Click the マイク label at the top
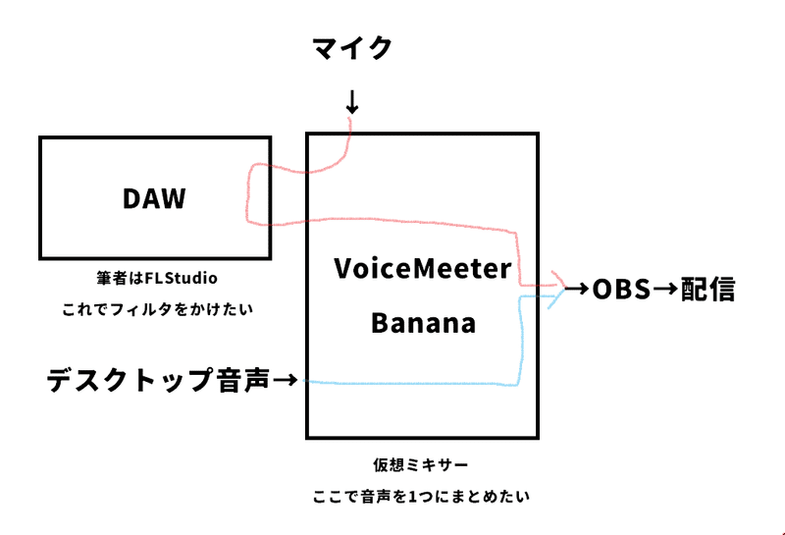pyautogui.click(x=352, y=48)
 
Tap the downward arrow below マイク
pyautogui.click(x=352, y=102)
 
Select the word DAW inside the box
pyautogui.click(x=154, y=198)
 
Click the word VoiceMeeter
pyautogui.click(x=423, y=269)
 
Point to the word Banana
pyautogui.click(x=423, y=323)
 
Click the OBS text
pyautogui.click(x=621, y=290)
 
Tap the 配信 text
pyautogui.click(x=707, y=290)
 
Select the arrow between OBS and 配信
pyautogui.click(x=666, y=290)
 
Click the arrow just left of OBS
pyautogui.click(x=577, y=289)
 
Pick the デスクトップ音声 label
pyautogui.click(x=159, y=380)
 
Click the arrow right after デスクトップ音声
pyautogui.click(x=286, y=380)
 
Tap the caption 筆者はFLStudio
pyautogui.click(x=157, y=278)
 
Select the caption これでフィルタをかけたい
pyautogui.click(x=157, y=309)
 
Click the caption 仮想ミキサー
pyautogui.click(x=421, y=465)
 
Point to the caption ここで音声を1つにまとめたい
pyautogui.click(x=421, y=497)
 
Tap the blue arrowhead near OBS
pyautogui.click(x=557, y=299)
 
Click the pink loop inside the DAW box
pyautogui.click(x=247, y=195)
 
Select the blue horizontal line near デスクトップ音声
pyautogui.click(x=410, y=384)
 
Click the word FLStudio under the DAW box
pyautogui.click(x=181, y=278)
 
